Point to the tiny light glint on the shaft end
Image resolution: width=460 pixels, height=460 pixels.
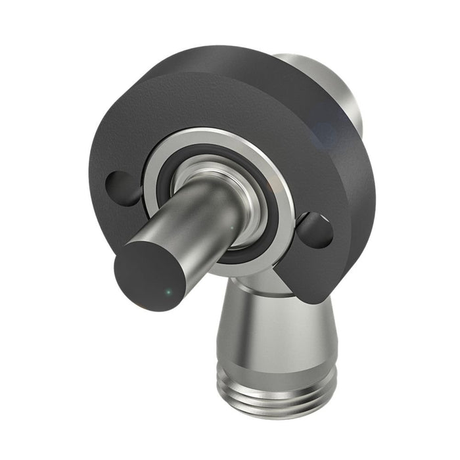pos(169,291)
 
